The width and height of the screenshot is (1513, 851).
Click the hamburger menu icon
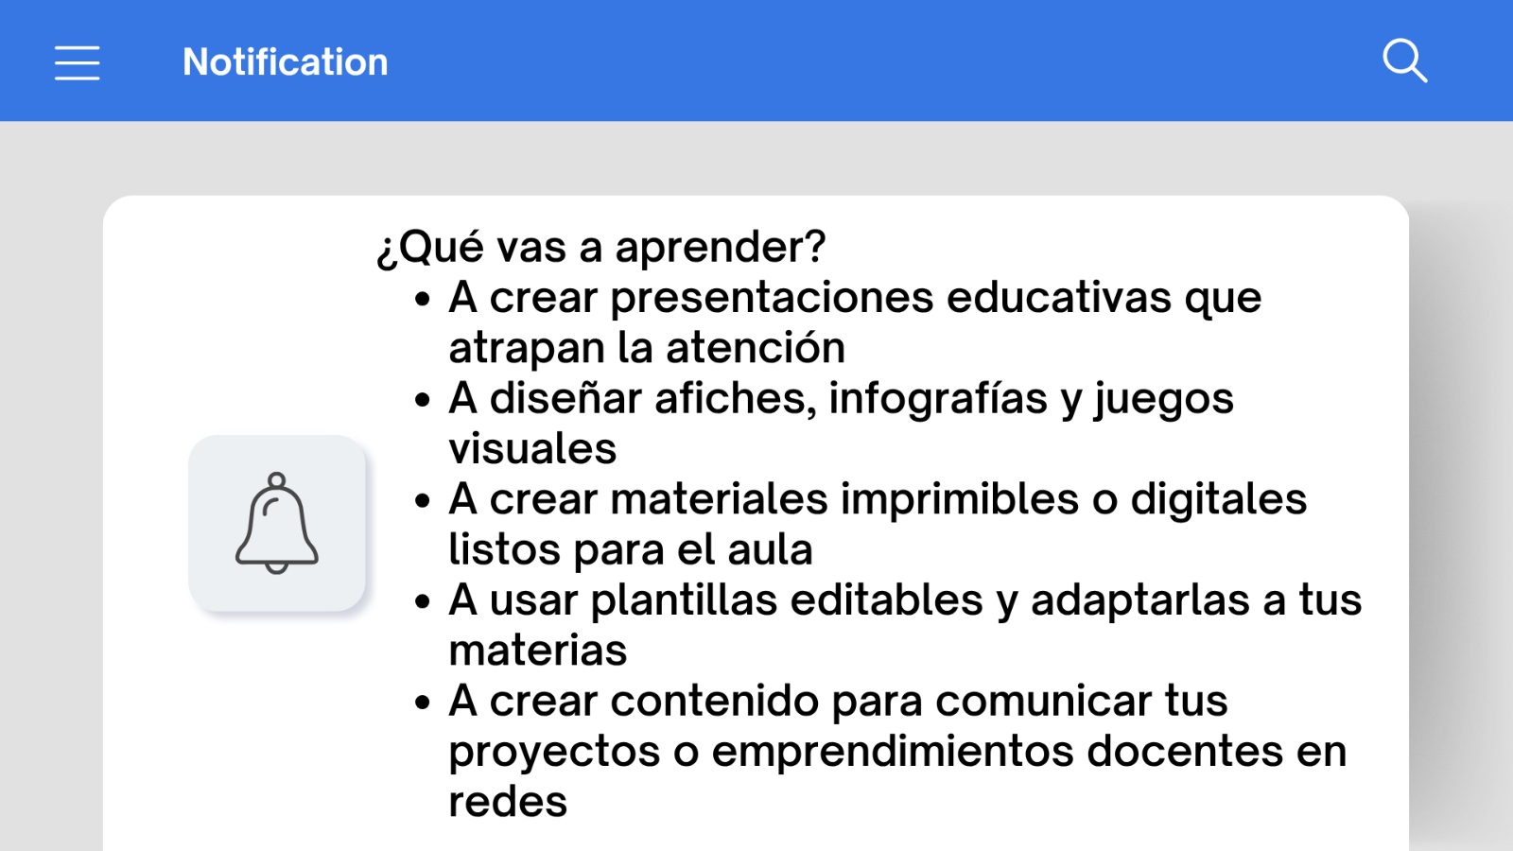(77, 63)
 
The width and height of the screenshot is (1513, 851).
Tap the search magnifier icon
(1405, 61)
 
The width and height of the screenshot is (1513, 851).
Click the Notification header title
(285, 62)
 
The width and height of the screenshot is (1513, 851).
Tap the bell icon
(277, 524)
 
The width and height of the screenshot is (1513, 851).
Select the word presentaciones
(772, 299)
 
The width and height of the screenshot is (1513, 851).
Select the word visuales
(532, 448)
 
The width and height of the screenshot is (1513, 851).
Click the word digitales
(1219, 499)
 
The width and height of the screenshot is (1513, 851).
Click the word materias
(538, 651)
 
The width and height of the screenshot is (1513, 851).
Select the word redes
(508, 803)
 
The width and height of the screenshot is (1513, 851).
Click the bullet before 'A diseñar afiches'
(423, 401)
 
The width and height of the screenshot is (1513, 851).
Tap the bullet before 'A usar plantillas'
(423, 601)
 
